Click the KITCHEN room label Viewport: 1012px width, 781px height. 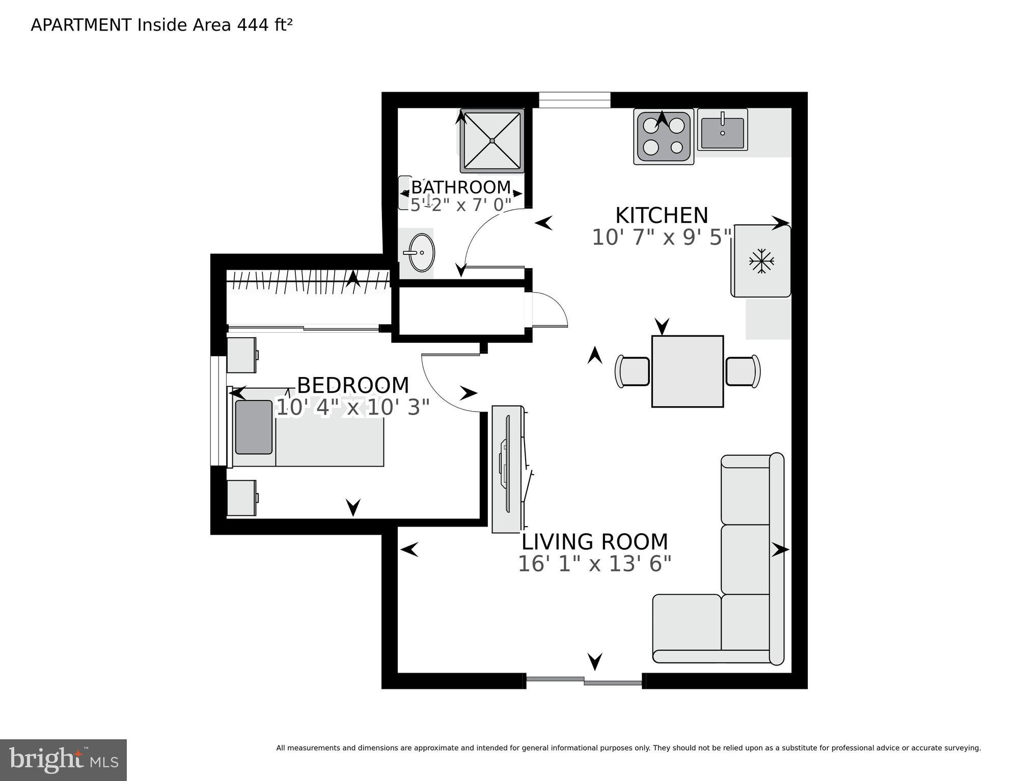(661, 216)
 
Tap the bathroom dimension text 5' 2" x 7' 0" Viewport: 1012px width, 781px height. (460, 205)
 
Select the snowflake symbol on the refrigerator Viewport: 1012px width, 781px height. (761, 261)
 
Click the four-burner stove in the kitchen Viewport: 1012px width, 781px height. (663, 136)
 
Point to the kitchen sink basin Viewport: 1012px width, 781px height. (722, 133)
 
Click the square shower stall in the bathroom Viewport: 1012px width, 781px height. (492, 140)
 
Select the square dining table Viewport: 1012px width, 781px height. (687, 371)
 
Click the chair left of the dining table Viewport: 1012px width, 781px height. (633, 371)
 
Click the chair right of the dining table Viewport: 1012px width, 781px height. (743, 371)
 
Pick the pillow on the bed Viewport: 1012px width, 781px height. (254, 427)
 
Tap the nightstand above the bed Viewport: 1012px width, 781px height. (241, 355)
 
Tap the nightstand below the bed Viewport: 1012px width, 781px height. (241, 498)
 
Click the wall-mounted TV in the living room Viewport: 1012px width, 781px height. (507, 465)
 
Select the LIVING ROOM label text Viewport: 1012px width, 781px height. (594, 542)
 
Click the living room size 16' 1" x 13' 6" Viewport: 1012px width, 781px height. (594, 564)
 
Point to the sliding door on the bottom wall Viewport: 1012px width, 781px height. (584, 681)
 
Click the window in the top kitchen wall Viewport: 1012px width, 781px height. (575, 100)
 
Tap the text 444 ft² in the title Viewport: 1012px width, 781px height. (264, 25)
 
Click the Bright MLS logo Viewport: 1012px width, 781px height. (63, 760)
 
